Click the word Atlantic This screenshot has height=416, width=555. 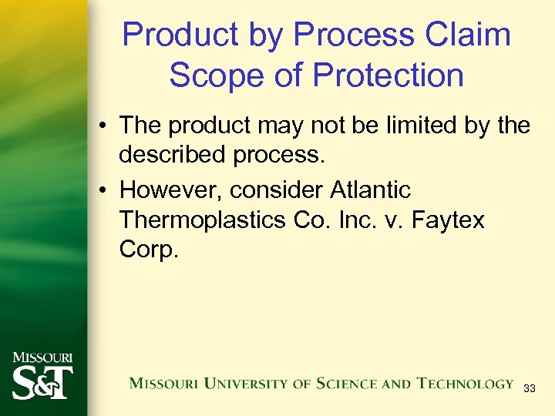point(370,190)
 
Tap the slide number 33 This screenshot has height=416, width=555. point(529,389)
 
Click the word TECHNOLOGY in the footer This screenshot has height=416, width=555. point(465,384)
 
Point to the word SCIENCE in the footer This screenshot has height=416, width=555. point(350,384)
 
